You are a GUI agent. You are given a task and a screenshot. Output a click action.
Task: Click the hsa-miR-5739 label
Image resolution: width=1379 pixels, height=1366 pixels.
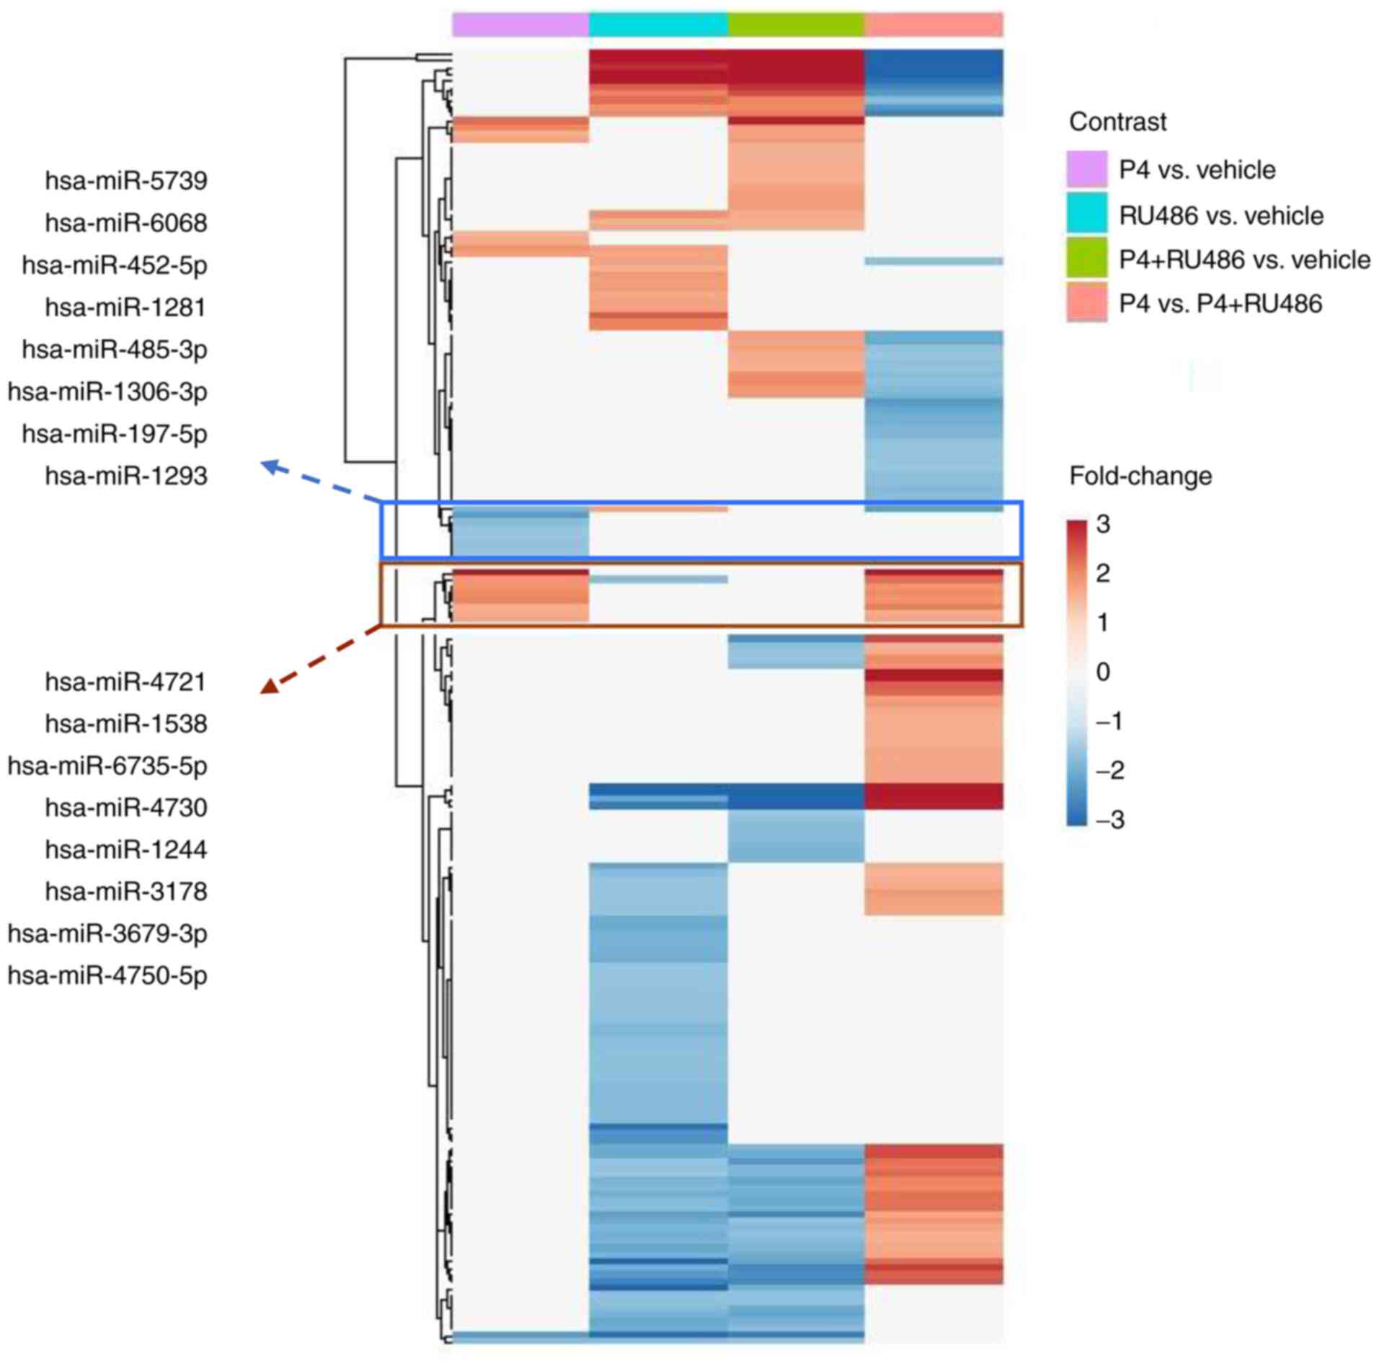[126, 180]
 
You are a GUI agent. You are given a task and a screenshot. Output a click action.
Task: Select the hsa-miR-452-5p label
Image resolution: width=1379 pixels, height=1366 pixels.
[115, 265]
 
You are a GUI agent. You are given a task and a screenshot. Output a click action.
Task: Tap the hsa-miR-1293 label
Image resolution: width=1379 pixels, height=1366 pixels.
[126, 476]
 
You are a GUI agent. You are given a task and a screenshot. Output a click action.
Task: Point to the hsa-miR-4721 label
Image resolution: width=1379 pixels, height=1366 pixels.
[126, 681]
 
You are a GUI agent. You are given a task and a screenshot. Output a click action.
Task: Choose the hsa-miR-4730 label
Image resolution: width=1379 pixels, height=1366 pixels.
[126, 807]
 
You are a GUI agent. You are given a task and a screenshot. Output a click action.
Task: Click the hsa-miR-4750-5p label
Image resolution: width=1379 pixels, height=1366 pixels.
[107, 975]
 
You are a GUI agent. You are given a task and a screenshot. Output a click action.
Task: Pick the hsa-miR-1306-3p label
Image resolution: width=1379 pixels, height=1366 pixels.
[107, 391]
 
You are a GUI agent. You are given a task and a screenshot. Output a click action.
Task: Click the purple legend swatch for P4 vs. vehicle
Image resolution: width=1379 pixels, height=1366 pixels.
[1086, 169]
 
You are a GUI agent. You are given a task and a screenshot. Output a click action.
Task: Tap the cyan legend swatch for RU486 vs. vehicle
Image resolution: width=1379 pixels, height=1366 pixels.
[1086, 214]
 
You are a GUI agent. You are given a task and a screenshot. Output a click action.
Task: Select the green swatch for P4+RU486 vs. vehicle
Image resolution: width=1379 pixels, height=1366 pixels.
[1086, 259]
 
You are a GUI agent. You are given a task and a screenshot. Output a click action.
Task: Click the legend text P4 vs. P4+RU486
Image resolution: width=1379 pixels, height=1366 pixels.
[1220, 303]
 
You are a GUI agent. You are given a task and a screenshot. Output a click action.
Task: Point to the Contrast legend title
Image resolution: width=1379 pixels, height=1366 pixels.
[1117, 122]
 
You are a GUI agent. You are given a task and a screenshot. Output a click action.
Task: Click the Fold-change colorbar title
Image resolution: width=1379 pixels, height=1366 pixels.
[1140, 476]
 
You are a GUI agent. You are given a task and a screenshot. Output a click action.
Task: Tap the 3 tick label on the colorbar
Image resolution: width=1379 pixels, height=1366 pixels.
[1103, 524]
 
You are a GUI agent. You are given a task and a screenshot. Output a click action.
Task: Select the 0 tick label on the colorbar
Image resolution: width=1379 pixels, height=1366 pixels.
[1103, 672]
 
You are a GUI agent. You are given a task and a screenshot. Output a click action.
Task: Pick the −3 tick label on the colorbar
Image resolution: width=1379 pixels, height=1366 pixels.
[1109, 820]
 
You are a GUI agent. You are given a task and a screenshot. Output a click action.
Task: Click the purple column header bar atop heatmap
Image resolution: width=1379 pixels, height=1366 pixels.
[520, 25]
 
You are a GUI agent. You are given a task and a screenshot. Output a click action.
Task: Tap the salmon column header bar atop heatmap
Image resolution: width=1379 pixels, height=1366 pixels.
[934, 25]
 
